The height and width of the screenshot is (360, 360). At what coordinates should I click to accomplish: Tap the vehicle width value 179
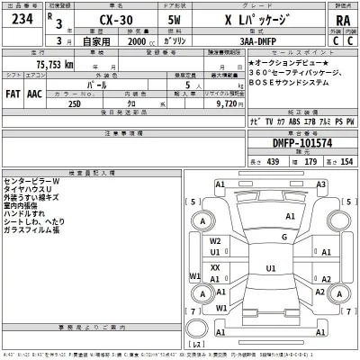tap(312, 160)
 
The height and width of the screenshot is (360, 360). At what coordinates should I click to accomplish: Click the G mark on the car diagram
tap(283, 236)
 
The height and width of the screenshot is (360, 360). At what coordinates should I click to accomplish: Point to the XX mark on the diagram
tap(215, 268)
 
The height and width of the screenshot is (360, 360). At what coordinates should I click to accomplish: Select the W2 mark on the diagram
tap(215, 241)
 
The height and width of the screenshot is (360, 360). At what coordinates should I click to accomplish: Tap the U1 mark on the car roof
tap(269, 268)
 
